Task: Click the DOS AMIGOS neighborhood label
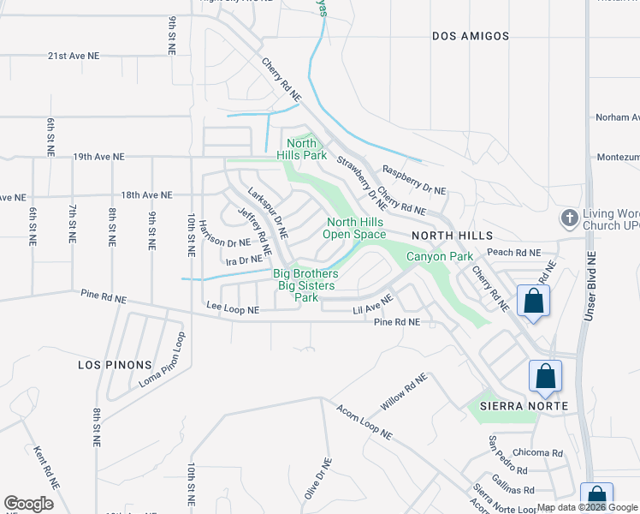tap(471, 36)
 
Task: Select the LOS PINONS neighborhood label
tap(114, 364)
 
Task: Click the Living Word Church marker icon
tap(568, 218)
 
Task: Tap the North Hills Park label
tap(301, 150)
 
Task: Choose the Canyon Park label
tap(439, 256)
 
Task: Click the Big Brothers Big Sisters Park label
tap(306, 285)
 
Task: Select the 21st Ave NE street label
tap(74, 55)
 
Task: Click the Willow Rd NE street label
tap(405, 391)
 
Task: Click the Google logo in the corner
tap(29, 504)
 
